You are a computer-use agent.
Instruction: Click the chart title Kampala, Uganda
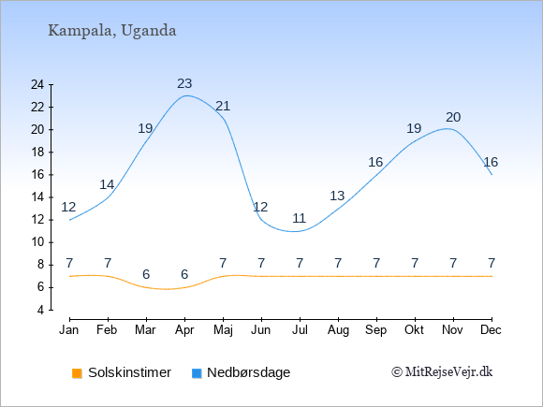[x=111, y=31]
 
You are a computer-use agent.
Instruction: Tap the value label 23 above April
[x=184, y=83]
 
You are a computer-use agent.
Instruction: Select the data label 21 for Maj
[x=223, y=106]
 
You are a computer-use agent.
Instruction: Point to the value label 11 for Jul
[x=300, y=218]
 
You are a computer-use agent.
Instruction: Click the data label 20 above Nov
[x=453, y=117]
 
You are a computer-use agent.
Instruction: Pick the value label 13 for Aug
[x=337, y=196]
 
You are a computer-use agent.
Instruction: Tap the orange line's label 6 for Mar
[x=146, y=274]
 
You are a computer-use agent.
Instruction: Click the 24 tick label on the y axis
[x=37, y=84]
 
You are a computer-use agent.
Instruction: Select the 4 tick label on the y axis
[x=41, y=310]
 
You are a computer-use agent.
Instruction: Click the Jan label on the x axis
[x=69, y=330]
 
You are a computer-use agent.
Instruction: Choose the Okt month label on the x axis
[x=414, y=330]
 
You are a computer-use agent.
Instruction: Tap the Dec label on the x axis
[x=492, y=330]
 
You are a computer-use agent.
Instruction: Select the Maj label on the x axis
[x=223, y=330]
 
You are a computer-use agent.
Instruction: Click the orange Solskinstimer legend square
[x=77, y=373]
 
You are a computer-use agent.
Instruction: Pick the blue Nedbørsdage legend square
[x=197, y=373]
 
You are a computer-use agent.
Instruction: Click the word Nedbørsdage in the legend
[x=249, y=372]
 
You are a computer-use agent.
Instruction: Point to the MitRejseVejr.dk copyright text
[x=442, y=372]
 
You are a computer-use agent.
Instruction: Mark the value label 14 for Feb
[x=107, y=185]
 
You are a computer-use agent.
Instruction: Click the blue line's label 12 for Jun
[x=260, y=207]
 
